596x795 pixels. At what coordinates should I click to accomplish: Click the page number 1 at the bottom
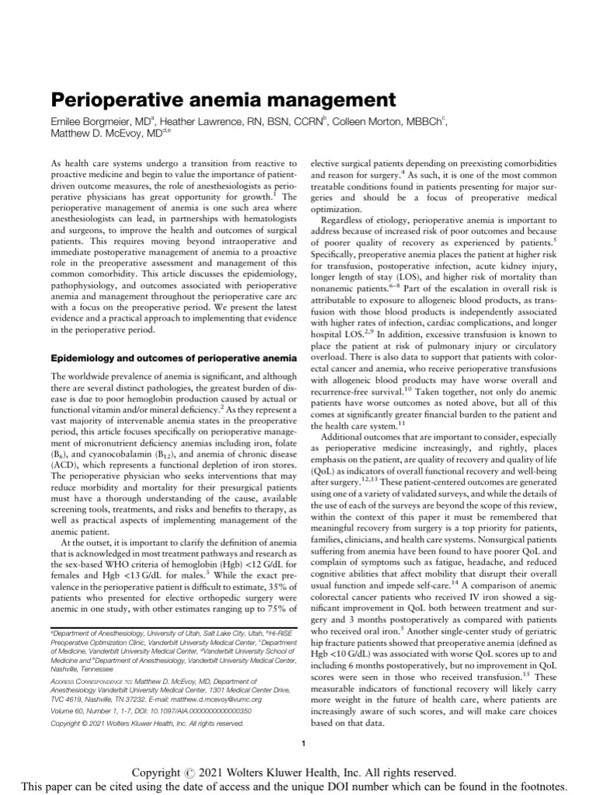click(x=303, y=745)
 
